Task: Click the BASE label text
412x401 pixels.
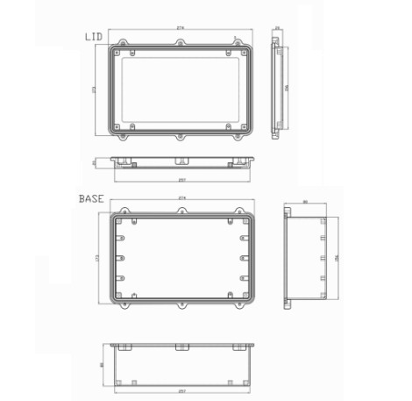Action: [92, 198]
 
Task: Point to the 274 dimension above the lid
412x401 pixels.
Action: [181, 29]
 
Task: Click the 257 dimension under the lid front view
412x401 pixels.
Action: [181, 180]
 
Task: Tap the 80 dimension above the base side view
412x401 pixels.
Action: [304, 203]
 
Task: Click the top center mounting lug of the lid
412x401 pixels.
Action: [181, 40]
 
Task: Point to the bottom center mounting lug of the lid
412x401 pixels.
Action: [181, 138]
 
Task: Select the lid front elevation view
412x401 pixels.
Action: [181, 161]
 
